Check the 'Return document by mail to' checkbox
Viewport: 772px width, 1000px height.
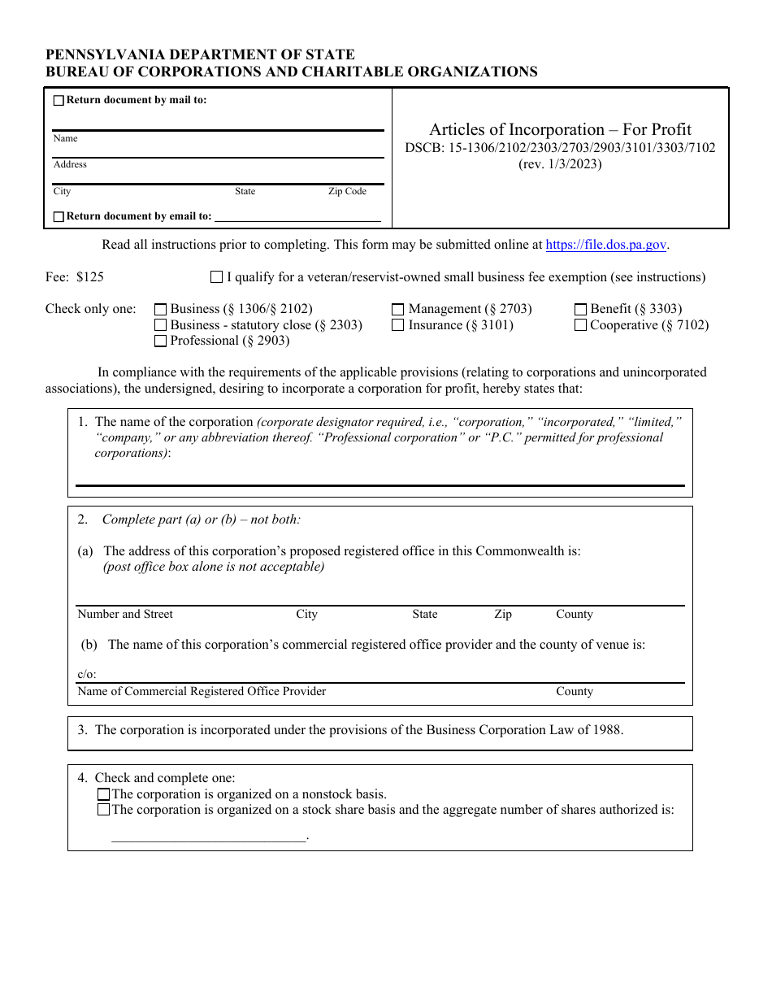(x=59, y=101)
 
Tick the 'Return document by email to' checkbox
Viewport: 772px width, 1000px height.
(x=59, y=217)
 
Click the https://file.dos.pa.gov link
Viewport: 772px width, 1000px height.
(x=606, y=245)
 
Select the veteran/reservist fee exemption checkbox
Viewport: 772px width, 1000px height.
(x=216, y=277)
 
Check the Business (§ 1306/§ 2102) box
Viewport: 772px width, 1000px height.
(x=160, y=310)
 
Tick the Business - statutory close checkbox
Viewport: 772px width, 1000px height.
(x=160, y=325)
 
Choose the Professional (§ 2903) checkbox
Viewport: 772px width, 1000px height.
(x=160, y=341)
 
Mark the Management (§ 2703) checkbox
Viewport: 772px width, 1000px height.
(x=398, y=310)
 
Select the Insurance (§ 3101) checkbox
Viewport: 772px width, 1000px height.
(x=398, y=325)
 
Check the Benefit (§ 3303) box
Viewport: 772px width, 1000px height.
(x=580, y=310)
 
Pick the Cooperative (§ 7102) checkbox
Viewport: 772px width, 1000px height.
(x=580, y=325)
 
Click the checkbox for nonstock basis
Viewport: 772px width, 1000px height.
(x=103, y=794)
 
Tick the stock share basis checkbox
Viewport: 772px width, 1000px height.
(x=103, y=810)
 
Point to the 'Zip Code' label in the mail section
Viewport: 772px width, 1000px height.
(x=347, y=192)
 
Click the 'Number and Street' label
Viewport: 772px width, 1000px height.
(x=125, y=615)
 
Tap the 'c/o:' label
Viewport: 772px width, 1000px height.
(x=86, y=675)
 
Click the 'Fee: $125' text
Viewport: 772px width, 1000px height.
(x=75, y=277)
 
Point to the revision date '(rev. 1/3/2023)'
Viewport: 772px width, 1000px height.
(x=560, y=164)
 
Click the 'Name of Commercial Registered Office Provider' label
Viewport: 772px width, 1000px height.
(x=202, y=692)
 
